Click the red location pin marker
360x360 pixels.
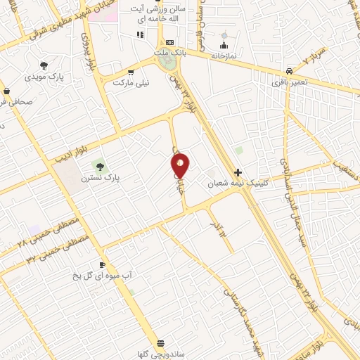point(181,165)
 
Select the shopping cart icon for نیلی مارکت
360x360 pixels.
point(131,72)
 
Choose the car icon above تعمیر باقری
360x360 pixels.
point(289,71)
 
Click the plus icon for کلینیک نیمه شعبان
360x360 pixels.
point(238,172)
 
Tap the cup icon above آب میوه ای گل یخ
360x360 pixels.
point(103,264)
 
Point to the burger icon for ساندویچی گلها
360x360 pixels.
point(161,342)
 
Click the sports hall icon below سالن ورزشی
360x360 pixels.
point(141,34)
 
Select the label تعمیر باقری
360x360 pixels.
point(290,82)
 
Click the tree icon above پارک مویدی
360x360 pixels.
point(44,65)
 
